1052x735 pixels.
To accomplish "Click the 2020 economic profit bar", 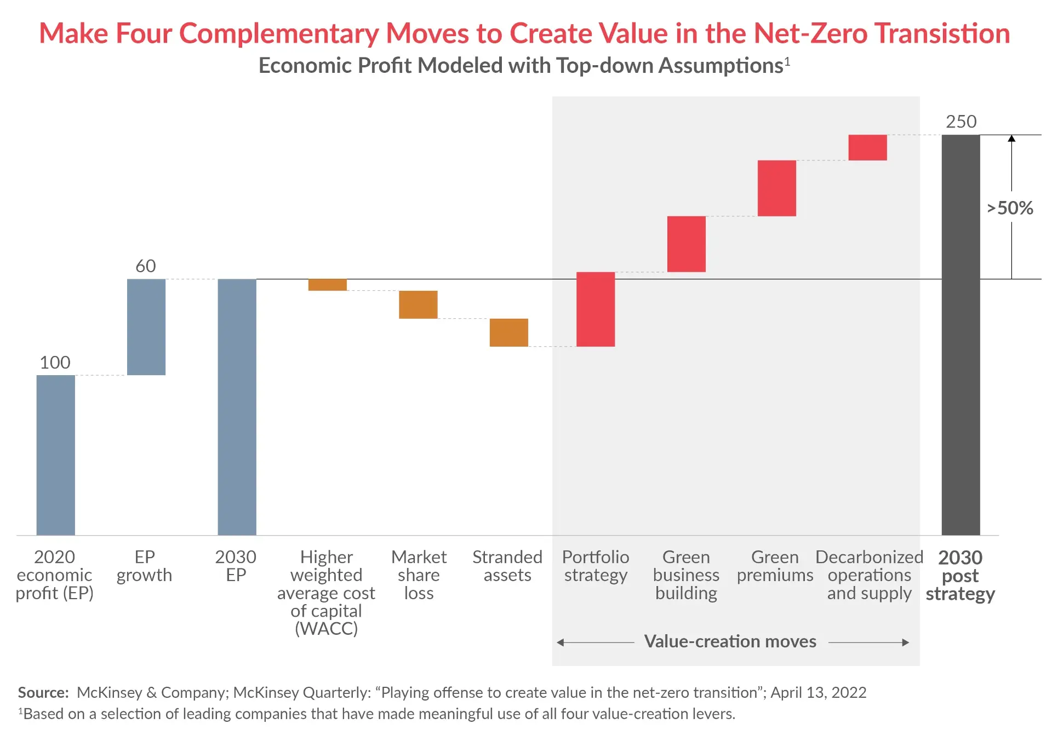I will pos(55,455).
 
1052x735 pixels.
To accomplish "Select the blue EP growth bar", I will pos(146,327).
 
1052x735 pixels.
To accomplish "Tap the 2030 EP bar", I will pos(237,406).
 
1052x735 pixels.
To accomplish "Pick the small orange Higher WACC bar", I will pos(327,285).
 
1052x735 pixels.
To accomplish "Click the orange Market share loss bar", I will pos(418,305).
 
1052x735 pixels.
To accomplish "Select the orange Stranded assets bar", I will pos(508,332).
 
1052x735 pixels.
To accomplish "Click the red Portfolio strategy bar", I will pos(596,309).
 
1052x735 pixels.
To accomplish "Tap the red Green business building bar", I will pos(686,244).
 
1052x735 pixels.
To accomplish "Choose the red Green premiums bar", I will pos(776,188).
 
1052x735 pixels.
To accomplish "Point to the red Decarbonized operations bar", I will pos(867,147).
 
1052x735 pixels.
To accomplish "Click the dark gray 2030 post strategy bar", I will pos(960,334).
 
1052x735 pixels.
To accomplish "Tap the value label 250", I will pos(961,122).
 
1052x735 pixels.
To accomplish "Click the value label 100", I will pos(55,363).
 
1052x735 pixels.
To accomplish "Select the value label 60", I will pos(146,266).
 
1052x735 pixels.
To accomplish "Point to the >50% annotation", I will pos(1010,208).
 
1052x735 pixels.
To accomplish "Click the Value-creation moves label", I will pos(730,641).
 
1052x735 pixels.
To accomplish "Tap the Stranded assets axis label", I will pos(507,566).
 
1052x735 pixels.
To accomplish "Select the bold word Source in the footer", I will pos(43,693).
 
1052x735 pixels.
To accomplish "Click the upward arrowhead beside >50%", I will pos(1011,139).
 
